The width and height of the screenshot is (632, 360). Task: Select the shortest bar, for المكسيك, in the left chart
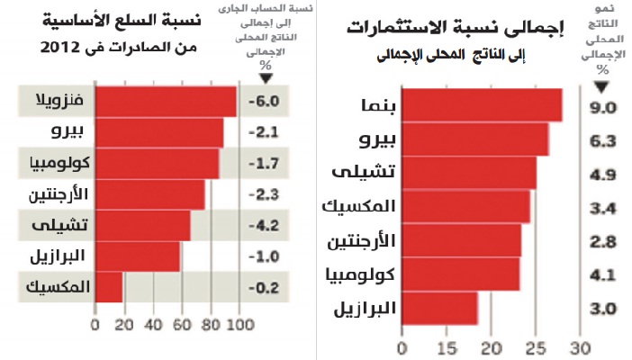click(108, 288)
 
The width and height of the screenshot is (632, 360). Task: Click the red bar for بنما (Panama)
click(482, 105)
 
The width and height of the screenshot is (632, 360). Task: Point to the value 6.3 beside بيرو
click(602, 141)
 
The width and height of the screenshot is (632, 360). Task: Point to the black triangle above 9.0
click(602, 86)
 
